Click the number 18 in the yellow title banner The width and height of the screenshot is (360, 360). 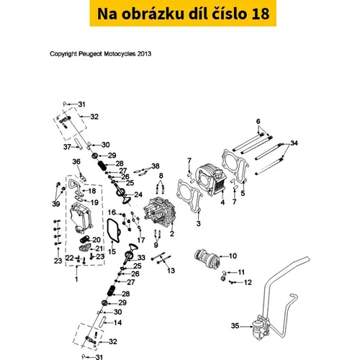point(260,14)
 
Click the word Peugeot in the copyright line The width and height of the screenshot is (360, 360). point(91,54)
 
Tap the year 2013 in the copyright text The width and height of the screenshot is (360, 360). point(144,54)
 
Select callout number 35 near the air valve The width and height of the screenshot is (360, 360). point(235,325)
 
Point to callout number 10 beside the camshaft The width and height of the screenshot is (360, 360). point(233,256)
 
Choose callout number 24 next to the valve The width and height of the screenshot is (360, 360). point(138,194)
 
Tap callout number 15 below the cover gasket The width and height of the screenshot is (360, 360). point(112,251)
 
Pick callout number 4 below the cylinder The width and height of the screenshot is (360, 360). point(222,202)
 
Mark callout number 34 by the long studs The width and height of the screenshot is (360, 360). point(294,143)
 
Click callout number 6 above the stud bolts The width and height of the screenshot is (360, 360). point(258,121)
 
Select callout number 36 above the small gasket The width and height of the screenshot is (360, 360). point(76,161)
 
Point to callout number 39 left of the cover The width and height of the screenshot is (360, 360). point(56,204)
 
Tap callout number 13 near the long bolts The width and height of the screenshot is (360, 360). point(171,271)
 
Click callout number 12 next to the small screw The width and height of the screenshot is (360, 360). point(248,282)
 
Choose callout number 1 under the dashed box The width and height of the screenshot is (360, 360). point(76,279)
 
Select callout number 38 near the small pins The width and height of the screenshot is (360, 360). point(156,166)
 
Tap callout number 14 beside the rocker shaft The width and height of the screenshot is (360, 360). point(117,323)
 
